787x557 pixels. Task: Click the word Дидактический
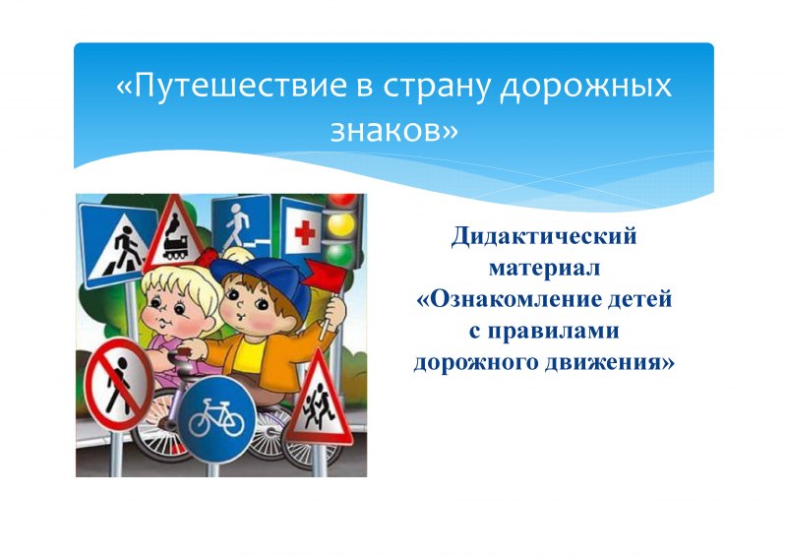pyautogui.click(x=544, y=236)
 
